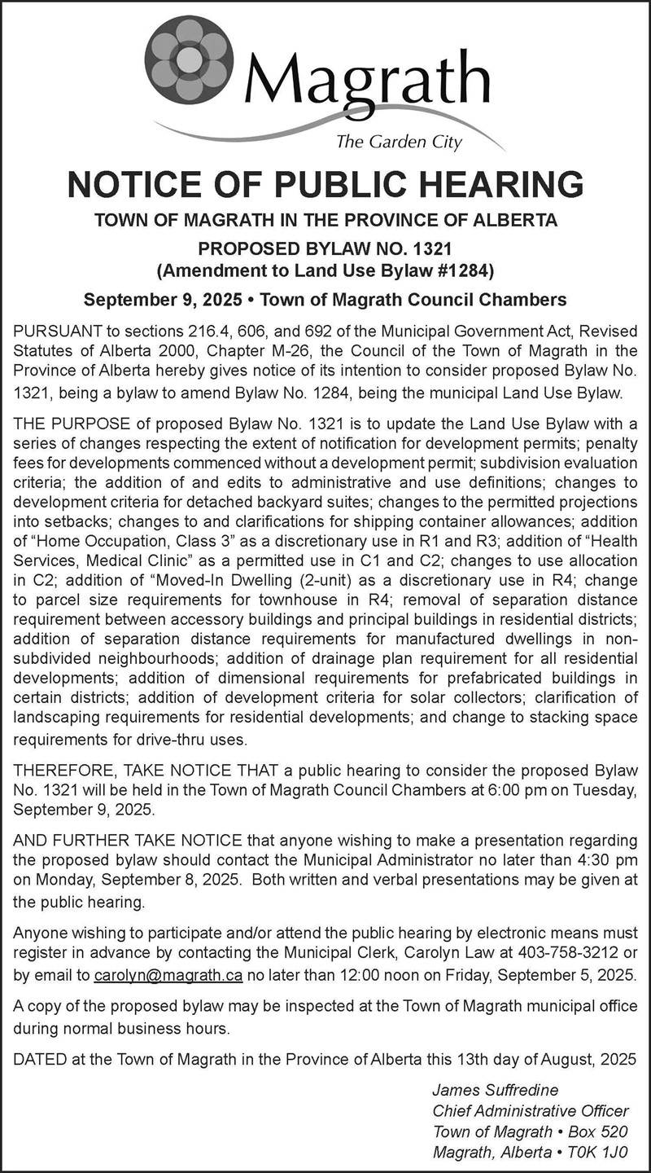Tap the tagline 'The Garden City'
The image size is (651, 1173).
(x=399, y=143)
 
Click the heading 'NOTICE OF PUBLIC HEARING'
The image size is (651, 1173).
(x=325, y=184)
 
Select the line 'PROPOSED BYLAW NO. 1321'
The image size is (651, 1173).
(x=325, y=247)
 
